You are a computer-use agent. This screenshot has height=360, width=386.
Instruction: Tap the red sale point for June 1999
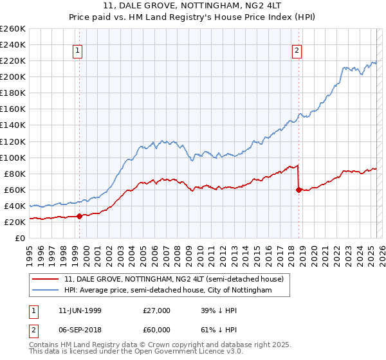tap(80, 216)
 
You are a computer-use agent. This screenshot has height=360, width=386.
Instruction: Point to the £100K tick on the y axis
tap(13, 157)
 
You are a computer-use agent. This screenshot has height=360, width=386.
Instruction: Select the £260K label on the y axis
tap(13, 29)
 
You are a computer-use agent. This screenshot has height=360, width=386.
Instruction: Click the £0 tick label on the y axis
tap(21, 238)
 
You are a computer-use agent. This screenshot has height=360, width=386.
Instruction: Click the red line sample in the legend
tap(46, 279)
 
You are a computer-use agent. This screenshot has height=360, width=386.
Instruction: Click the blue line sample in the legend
tap(46, 291)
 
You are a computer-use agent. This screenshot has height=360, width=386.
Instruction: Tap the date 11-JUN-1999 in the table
tap(79, 310)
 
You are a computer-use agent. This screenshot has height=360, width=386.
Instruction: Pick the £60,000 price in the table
tap(157, 330)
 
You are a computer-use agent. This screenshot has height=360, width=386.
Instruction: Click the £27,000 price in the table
tap(157, 310)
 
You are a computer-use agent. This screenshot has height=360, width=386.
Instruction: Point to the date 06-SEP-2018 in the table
tap(79, 330)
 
